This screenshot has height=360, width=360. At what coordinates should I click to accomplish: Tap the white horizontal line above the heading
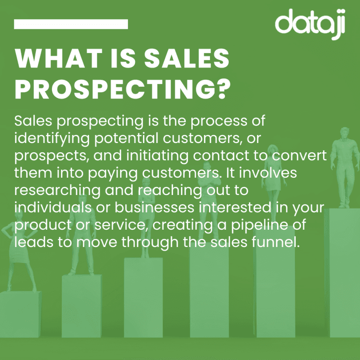(71, 24)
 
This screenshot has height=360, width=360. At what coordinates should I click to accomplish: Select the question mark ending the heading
(224, 89)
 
